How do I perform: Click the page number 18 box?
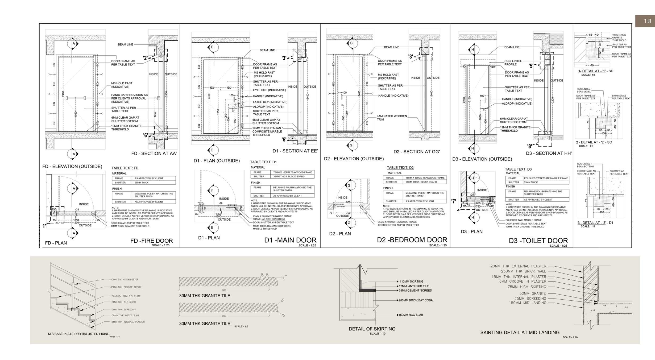click(645, 21)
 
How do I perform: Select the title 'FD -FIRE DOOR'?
click(151, 241)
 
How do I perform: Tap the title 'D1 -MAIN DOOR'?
click(290, 240)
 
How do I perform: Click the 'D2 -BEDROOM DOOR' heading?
click(412, 240)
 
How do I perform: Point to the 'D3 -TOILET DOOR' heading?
click(538, 241)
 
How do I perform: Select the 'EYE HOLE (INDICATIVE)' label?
click(269, 90)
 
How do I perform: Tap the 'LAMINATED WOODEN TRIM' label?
click(392, 118)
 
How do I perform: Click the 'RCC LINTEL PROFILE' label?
click(513, 63)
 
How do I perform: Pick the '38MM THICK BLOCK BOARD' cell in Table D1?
click(291, 176)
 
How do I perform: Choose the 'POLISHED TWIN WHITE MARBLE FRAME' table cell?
click(546, 178)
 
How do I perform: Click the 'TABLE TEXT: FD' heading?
click(125, 168)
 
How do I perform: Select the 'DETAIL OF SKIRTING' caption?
click(372, 329)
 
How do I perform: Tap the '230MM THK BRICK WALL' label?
click(523, 271)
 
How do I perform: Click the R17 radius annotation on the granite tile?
click(282, 300)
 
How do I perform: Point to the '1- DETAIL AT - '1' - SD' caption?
click(596, 71)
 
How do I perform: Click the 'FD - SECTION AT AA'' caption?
click(154, 154)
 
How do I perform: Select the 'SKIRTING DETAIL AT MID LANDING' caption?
click(520, 333)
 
